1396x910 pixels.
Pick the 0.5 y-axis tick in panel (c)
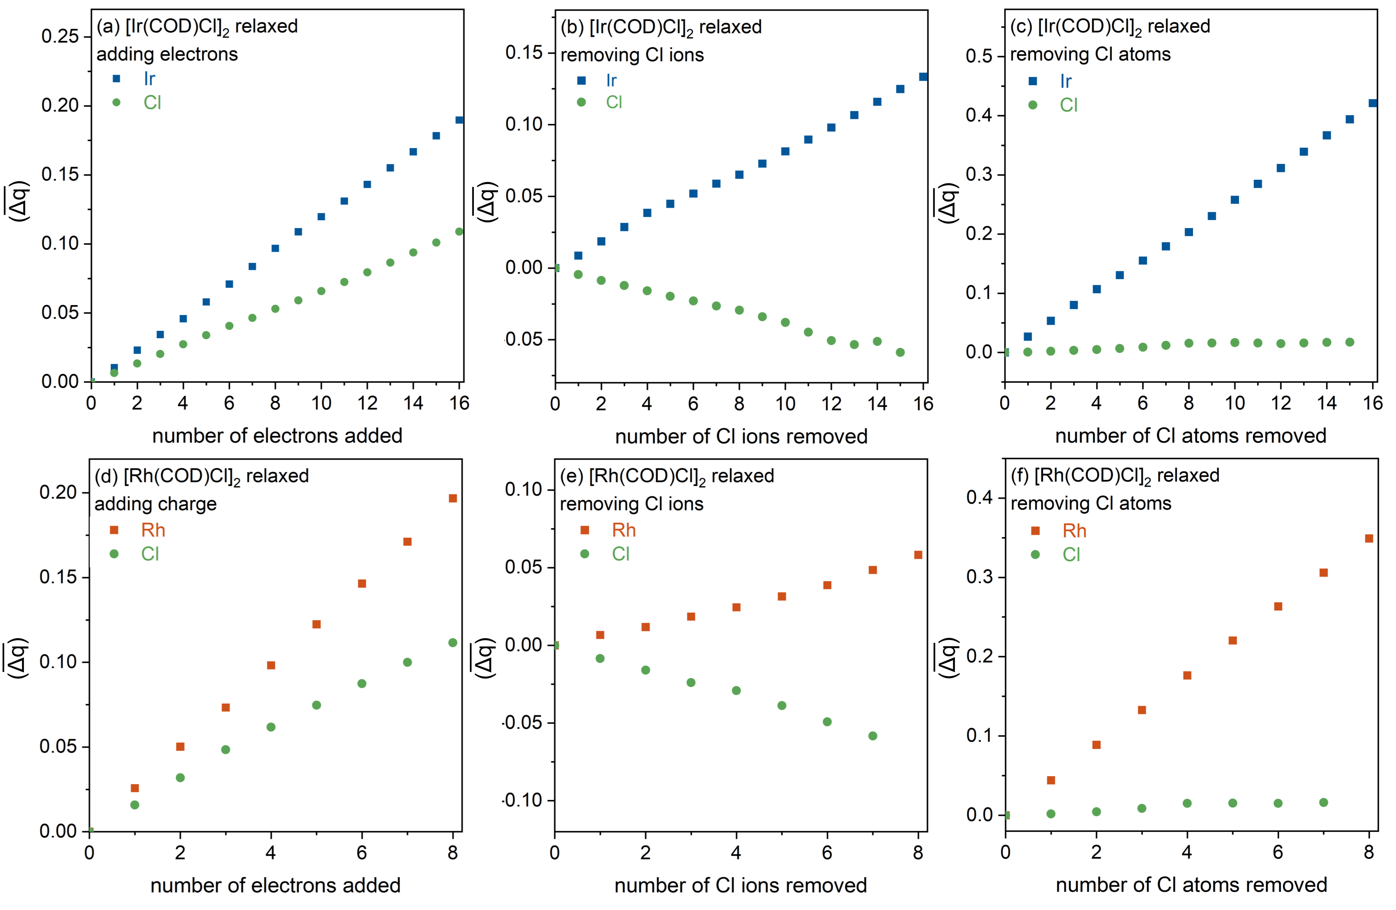[979, 56]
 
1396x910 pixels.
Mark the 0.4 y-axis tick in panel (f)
[979, 498]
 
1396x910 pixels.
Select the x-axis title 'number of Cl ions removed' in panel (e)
[740, 885]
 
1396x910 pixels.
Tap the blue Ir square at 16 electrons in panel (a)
[459, 120]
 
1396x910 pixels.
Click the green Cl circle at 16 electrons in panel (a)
[459, 232]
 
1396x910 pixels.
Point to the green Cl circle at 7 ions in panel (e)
[873, 736]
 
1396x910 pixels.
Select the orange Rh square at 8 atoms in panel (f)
[1369, 539]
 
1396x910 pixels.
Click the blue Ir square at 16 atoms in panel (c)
[1372, 103]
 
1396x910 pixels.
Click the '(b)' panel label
[572, 27]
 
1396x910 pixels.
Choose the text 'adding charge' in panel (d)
[155, 504]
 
